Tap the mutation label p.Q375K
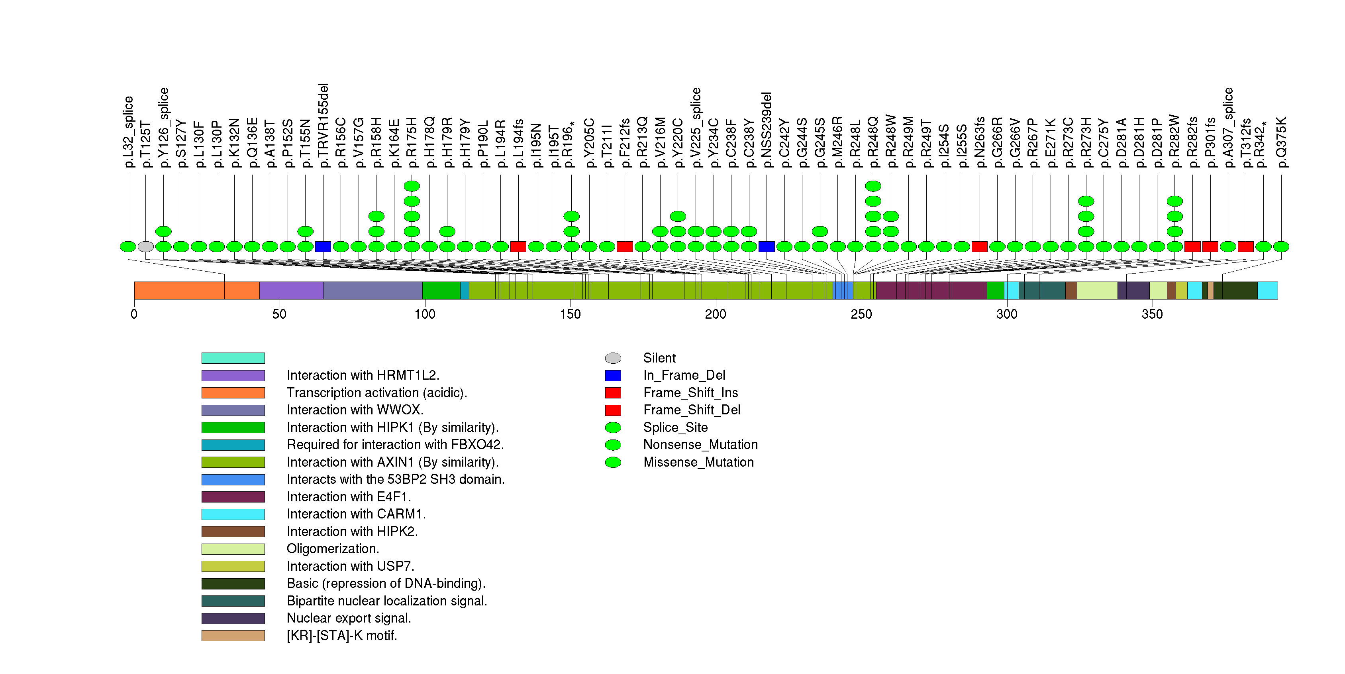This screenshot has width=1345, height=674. click(1281, 142)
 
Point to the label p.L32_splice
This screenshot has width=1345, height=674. click(128, 132)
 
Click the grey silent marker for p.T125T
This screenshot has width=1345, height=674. click(146, 246)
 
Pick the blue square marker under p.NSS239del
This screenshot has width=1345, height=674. click(767, 246)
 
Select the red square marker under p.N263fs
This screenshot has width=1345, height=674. click(980, 246)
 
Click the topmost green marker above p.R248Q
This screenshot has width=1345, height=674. click(873, 186)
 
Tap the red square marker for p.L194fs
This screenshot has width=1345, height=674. click(518, 246)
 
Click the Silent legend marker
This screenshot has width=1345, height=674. click(613, 358)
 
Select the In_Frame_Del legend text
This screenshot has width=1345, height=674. click(684, 375)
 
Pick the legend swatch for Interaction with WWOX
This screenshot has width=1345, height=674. click(233, 410)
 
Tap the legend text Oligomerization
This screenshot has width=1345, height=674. click(333, 549)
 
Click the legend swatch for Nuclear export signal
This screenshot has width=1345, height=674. click(233, 618)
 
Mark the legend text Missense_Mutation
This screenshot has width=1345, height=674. click(699, 462)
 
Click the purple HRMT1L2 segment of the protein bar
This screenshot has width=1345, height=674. click(291, 290)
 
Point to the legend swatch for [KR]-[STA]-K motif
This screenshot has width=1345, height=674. click(233, 635)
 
